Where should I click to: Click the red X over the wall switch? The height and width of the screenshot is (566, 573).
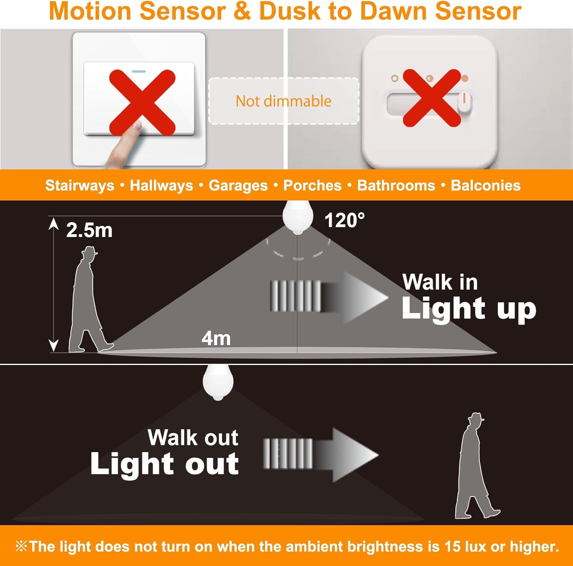coord(142,102)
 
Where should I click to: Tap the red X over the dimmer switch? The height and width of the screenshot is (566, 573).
coord(432,98)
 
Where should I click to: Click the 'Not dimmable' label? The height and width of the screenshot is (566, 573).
coord(283,101)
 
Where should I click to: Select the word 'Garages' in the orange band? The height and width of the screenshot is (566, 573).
coord(238,186)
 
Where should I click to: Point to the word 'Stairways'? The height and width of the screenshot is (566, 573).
coord(80,186)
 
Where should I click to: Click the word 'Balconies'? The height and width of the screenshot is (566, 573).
coord(486,185)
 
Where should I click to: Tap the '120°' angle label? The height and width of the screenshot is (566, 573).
coord(345,221)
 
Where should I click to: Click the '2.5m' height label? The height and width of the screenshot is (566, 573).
coord(89,230)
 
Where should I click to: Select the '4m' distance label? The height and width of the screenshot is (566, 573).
coord(216,339)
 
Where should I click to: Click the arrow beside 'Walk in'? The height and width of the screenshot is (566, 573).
coord(329,297)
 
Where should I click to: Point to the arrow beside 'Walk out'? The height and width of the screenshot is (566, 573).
coord(320,455)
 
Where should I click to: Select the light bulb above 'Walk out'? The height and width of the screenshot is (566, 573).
coord(218,383)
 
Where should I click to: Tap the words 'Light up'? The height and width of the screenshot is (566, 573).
coord(469,308)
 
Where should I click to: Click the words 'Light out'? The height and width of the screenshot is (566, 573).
coord(165,464)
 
